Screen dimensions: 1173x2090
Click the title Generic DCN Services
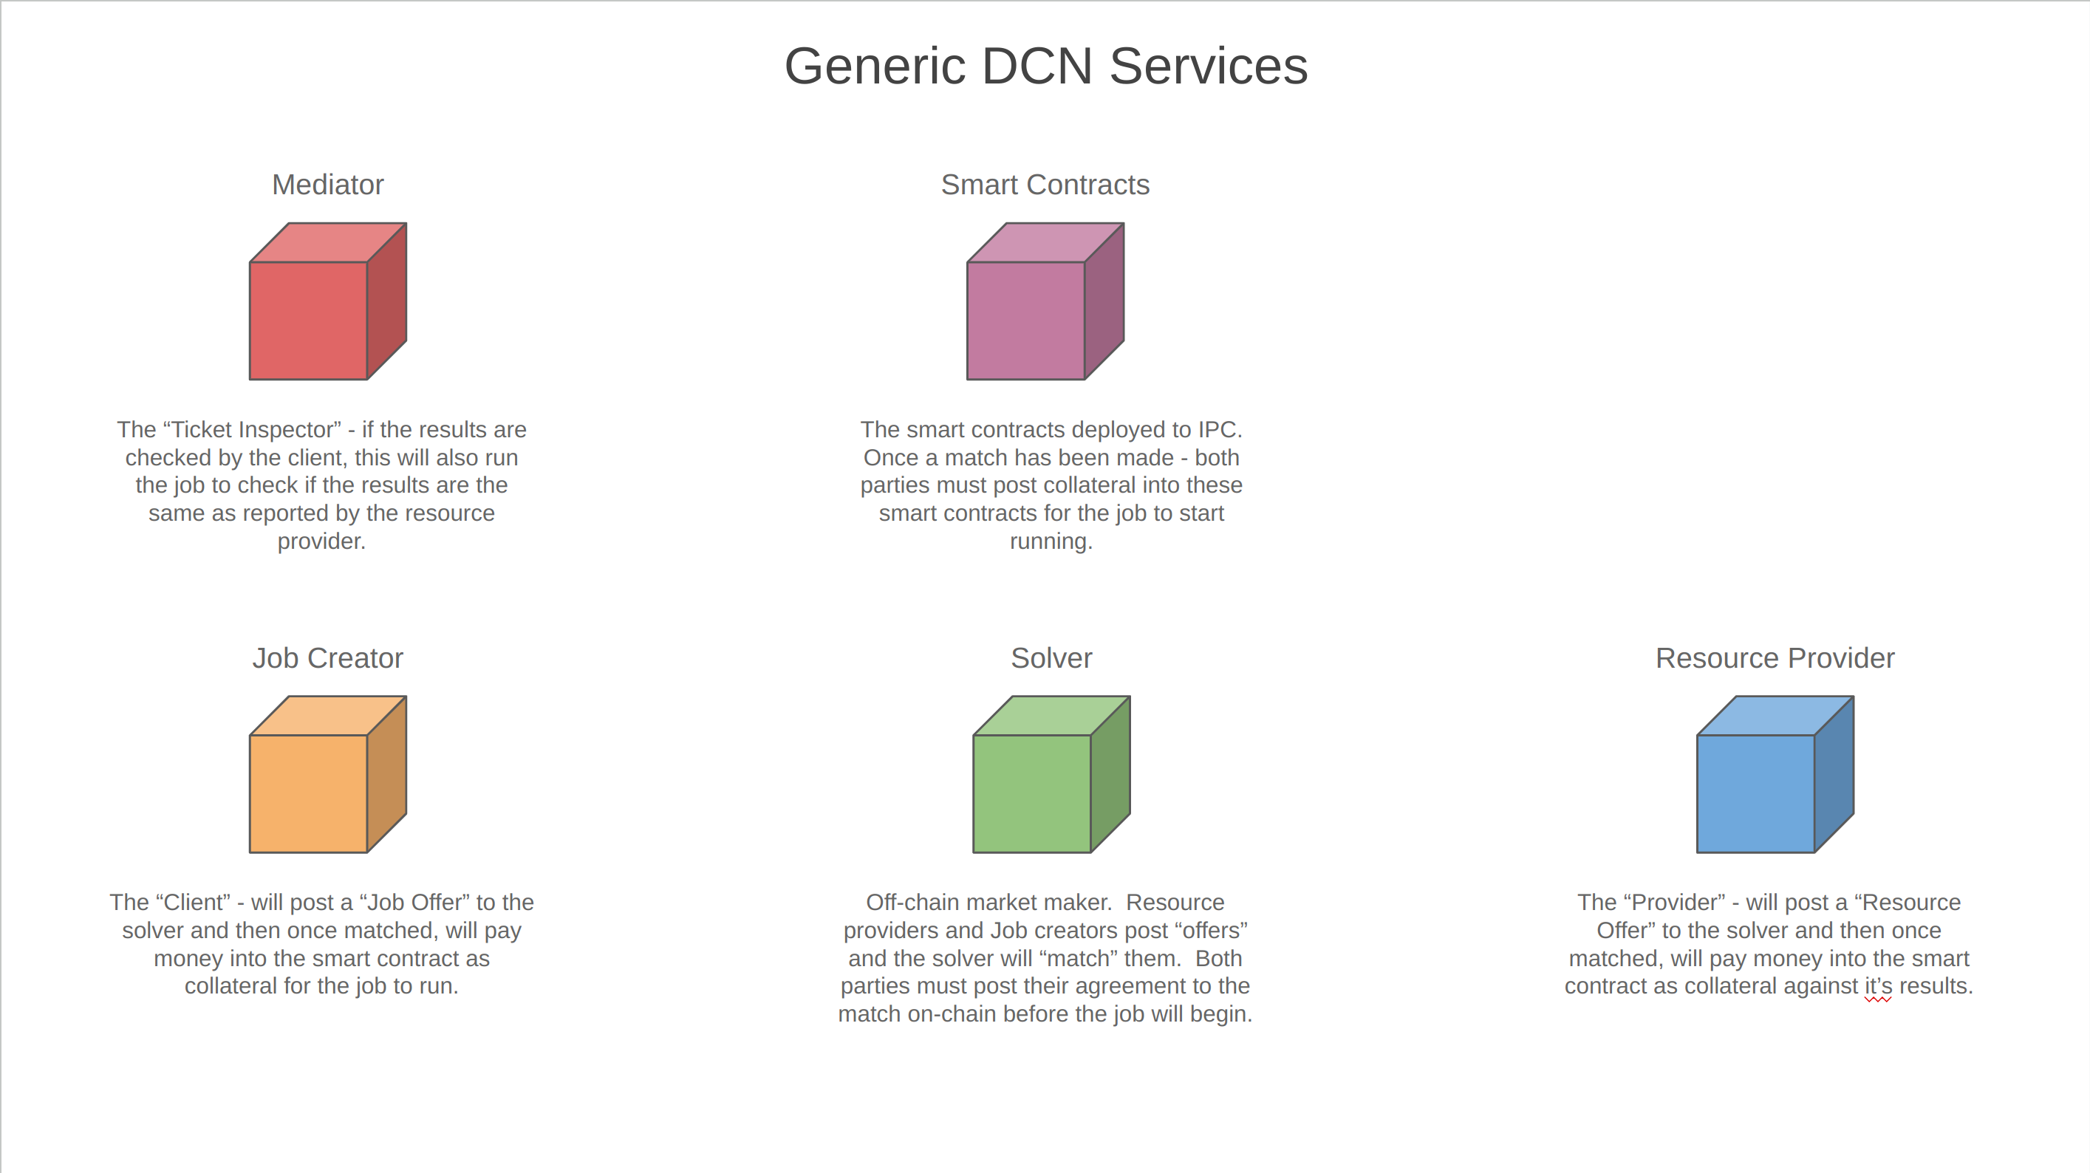click(1045, 66)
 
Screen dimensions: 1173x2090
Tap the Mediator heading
click(327, 185)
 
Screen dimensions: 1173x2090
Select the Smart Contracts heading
click(1045, 185)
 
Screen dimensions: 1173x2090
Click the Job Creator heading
click(327, 658)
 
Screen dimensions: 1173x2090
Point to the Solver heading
click(1051, 658)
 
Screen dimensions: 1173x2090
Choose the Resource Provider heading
click(1775, 658)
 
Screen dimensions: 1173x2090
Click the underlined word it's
click(1877, 986)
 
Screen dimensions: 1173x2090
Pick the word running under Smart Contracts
click(1050, 542)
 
